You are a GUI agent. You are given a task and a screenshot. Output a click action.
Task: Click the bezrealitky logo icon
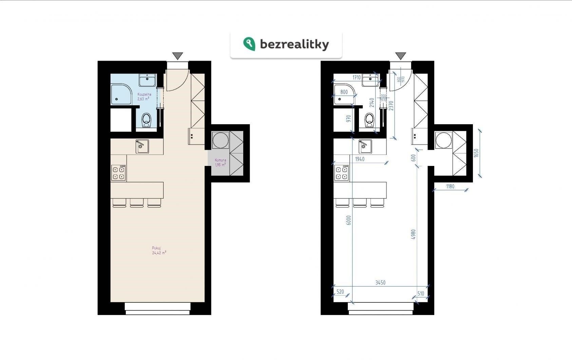(249, 44)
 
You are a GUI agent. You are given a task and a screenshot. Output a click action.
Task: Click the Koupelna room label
(144, 94)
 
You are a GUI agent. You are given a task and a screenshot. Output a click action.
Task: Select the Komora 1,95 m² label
(220, 162)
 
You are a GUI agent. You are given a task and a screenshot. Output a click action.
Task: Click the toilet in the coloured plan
(147, 120)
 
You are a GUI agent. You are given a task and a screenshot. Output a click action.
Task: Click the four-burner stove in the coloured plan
(119, 173)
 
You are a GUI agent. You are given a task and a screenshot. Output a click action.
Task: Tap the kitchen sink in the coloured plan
(142, 146)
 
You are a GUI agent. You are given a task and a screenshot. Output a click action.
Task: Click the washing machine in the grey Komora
(221, 140)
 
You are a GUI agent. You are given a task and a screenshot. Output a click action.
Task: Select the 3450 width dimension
(380, 282)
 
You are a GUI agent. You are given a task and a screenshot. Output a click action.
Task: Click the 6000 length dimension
(348, 220)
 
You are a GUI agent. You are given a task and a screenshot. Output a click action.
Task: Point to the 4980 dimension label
(413, 234)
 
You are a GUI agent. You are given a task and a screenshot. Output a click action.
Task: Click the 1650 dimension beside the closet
(476, 153)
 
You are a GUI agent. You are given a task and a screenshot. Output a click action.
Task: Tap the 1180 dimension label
(450, 186)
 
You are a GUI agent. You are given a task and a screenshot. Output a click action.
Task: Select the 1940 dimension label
(360, 159)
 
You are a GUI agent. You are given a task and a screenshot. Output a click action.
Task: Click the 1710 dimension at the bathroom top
(357, 78)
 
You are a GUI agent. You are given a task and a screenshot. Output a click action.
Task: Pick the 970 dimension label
(348, 119)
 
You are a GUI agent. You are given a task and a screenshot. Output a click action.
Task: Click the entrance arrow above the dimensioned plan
(401, 56)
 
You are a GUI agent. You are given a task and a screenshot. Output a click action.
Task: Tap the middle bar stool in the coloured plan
(137, 203)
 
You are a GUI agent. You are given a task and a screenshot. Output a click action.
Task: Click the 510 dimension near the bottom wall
(421, 294)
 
